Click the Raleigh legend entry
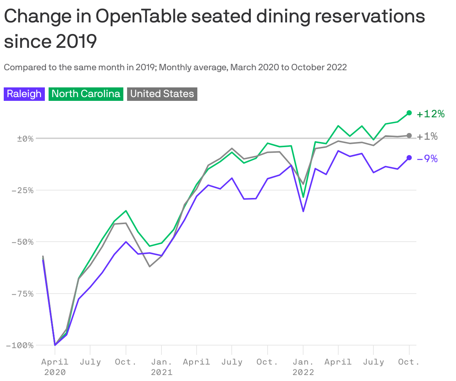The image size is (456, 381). pos(24,94)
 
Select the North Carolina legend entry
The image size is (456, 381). pos(86,94)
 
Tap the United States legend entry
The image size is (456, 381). pos(162,94)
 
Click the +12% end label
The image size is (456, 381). pos(431,114)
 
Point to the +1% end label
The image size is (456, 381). pos(427,136)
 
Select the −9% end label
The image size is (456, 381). pos(427,159)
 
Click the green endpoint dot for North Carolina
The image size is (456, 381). pos(409,113)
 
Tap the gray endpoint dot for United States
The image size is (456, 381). pos(409,136)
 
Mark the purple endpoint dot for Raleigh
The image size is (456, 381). pos(409,158)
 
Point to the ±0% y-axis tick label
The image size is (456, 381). pos(25,139)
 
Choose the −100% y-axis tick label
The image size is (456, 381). pos(20,346)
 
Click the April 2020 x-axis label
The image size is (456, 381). pos(55,367)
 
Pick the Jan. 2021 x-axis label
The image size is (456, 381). pos(161,367)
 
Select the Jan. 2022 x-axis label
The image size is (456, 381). pos(303,367)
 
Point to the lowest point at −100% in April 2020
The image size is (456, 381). pos(55,345)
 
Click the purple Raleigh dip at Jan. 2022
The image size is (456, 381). pos(303,211)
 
